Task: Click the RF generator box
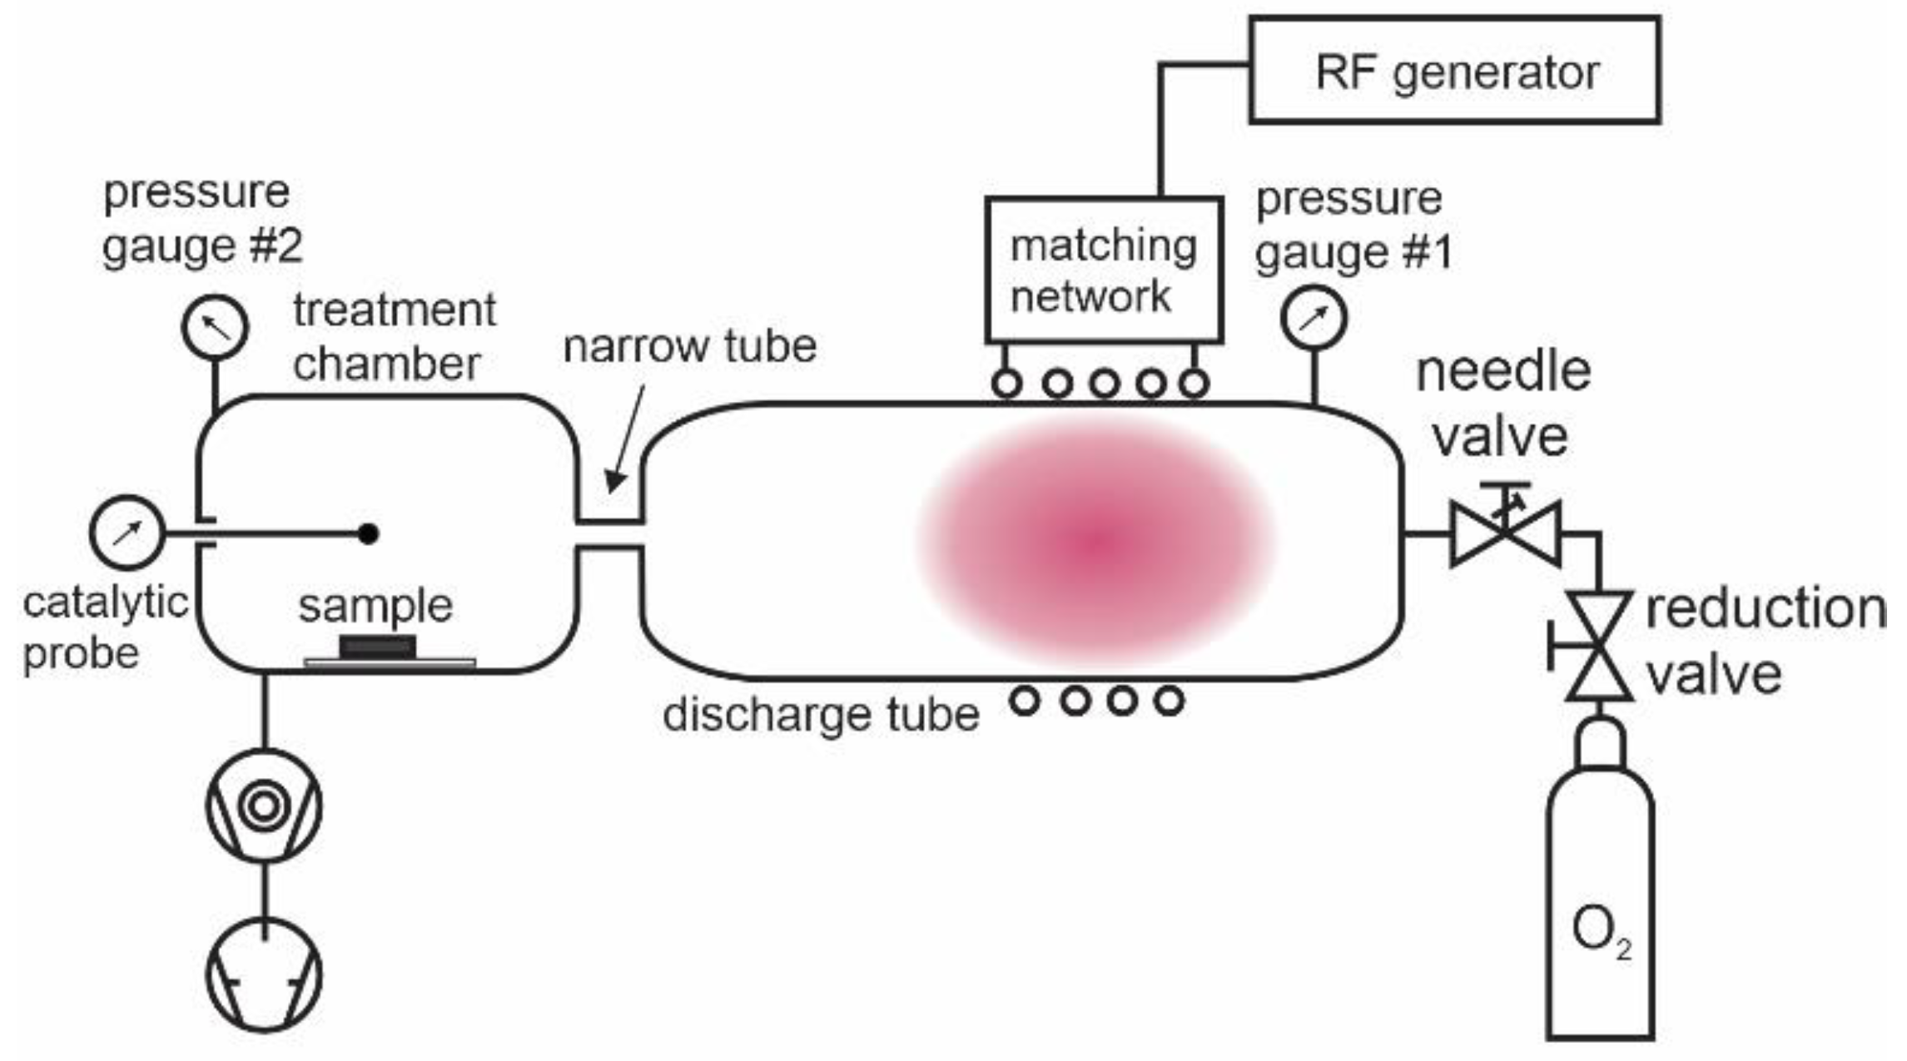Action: pos(1454,71)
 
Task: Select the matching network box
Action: pos(1103,270)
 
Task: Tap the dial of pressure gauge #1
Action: pos(1314,317)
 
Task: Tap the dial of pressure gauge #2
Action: pos(215,326)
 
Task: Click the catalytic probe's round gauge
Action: pos(126,533)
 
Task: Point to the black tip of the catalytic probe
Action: pos(369,533)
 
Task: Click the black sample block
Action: pos(377,647)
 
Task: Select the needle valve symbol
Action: pos(1505,533)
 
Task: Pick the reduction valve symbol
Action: pos(1597,646)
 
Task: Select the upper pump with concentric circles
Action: pos(264,805)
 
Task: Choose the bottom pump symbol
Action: pos(264,974)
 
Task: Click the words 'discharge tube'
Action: pos(821,714)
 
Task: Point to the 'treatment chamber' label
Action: pos(394,336)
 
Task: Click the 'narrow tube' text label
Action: pos(689,346)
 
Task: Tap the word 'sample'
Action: pos(375,606)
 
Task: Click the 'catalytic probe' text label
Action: pos(104,627)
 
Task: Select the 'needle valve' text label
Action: pos(1502,404)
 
